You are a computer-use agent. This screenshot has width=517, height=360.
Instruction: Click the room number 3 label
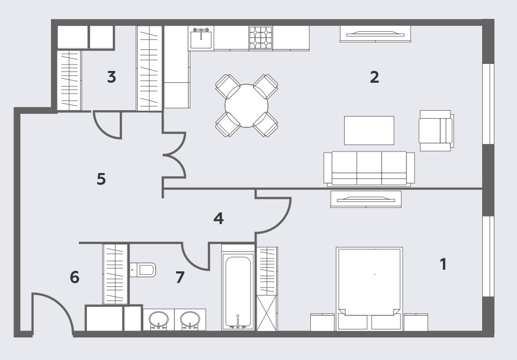click(112, 77)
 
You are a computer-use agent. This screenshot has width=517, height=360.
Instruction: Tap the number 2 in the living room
click(375, 77)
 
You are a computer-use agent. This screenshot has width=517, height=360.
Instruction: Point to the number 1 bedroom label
click(443, 264)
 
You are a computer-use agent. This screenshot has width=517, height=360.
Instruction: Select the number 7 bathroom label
click(180, 277)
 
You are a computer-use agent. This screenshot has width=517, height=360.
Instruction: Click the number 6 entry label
click(75, 277)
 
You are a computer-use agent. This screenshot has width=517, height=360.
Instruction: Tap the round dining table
click(246, 106)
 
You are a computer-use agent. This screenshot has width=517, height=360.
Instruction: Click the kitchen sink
click(201, 38)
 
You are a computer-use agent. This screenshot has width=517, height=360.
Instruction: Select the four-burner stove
click(260, 38)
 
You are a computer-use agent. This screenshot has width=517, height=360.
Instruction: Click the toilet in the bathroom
click(142, 270)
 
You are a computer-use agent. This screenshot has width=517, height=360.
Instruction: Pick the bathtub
click(238, 292)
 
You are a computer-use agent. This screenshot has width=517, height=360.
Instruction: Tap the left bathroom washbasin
click(158, 320)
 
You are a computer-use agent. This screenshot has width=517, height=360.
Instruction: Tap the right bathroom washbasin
click(190, 320)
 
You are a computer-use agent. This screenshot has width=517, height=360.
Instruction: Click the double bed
click(369, 289)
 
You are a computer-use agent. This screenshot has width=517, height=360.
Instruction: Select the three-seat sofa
click(369, 168)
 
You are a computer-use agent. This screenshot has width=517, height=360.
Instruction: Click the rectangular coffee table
click(369, 131)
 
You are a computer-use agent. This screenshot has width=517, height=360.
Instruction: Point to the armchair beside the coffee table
click(436, 131)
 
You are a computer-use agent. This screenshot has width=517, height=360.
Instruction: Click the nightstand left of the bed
click(323, 322)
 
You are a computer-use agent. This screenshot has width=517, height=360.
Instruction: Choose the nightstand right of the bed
click(416, 322)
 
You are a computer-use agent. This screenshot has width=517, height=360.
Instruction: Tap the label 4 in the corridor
click(219, 219)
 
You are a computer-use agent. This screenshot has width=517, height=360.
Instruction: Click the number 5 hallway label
click(101, 179)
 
